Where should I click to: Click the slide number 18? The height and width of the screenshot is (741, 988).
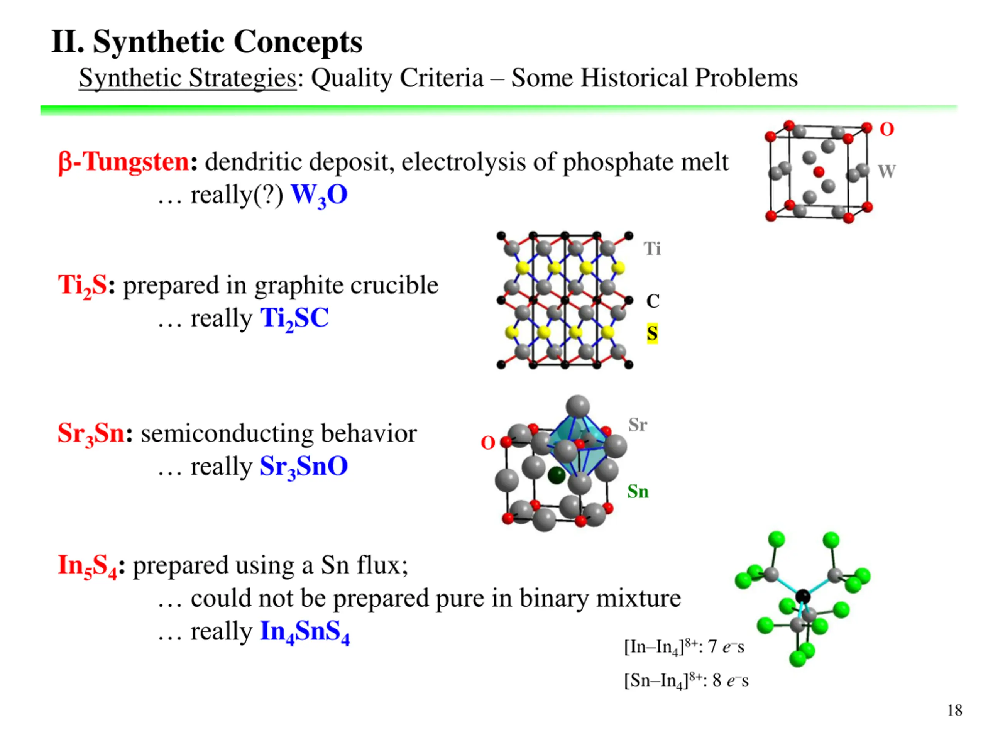[954, 710]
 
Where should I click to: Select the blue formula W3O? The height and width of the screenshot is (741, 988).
[319, 196]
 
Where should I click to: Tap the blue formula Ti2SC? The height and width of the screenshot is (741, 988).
[294, 319]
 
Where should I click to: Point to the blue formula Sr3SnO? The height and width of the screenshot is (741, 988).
[304, 467]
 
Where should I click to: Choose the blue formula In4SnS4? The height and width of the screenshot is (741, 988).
[305, 632]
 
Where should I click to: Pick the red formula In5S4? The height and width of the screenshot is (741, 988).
[88, 566]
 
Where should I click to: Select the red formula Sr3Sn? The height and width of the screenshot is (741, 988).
[91, 434]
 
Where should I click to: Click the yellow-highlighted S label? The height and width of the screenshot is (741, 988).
[652, 333]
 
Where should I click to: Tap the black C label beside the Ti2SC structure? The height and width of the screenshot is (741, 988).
[653, 301]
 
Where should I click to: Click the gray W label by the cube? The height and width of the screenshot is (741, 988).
[886, 171]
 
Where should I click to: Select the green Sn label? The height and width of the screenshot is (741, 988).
[638, 492]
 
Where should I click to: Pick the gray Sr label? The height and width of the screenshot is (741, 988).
[638, 425]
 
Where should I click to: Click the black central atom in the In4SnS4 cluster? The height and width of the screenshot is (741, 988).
[803, 596]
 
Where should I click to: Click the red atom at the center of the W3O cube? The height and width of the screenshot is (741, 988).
[819, 172]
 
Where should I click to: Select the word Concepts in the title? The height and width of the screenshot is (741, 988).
[298, 42]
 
